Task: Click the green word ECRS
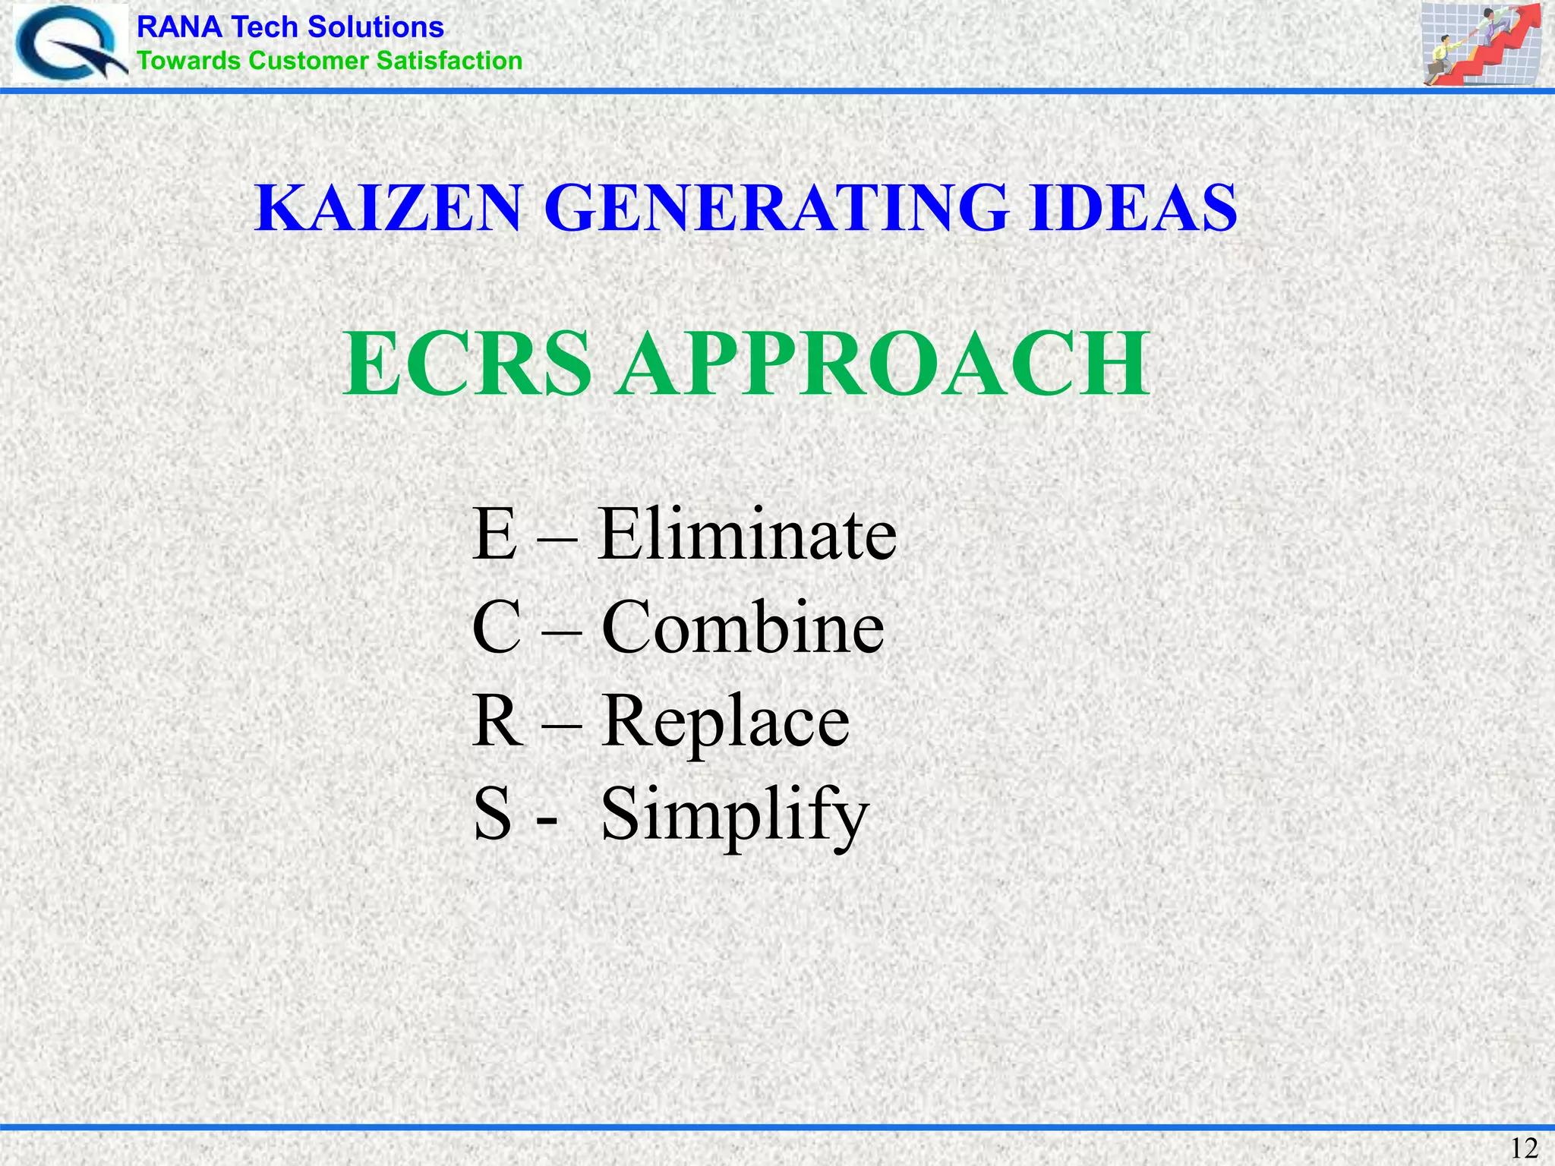(x=467, y=364)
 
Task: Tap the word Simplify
(x=734, y=816)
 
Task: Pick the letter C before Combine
(x=497, y=628)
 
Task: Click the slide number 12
(x=1524, y=1148)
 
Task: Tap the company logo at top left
(x=70, y=44)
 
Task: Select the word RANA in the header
(x=179, y=27)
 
